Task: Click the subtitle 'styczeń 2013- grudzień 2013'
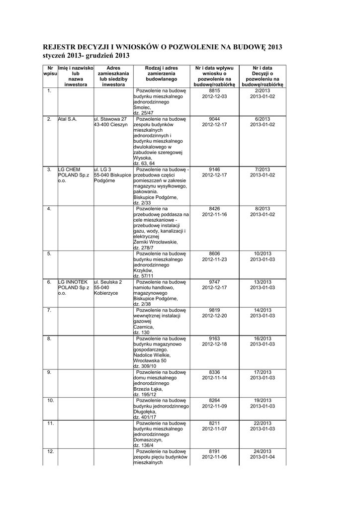click(87, 56)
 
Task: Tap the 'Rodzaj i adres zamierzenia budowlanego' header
click(161, 73)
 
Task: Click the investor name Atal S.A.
click(68, 120)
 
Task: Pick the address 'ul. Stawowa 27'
click(110, 120)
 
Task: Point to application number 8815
click(214, 91)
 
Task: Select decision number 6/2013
click(262, 120)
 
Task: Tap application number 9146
click(214, 170)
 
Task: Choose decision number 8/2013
click(262, 209)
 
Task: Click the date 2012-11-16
click(214, 214)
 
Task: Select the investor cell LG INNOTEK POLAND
click(74, 287)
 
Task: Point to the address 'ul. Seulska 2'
click(108, 282)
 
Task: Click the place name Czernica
click(144, 328)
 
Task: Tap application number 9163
click(214, 339)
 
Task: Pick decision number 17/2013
click(262, 372)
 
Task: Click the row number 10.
click(50, 400)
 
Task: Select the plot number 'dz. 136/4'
click(144, 445)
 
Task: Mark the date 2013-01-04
click(262, 457)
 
